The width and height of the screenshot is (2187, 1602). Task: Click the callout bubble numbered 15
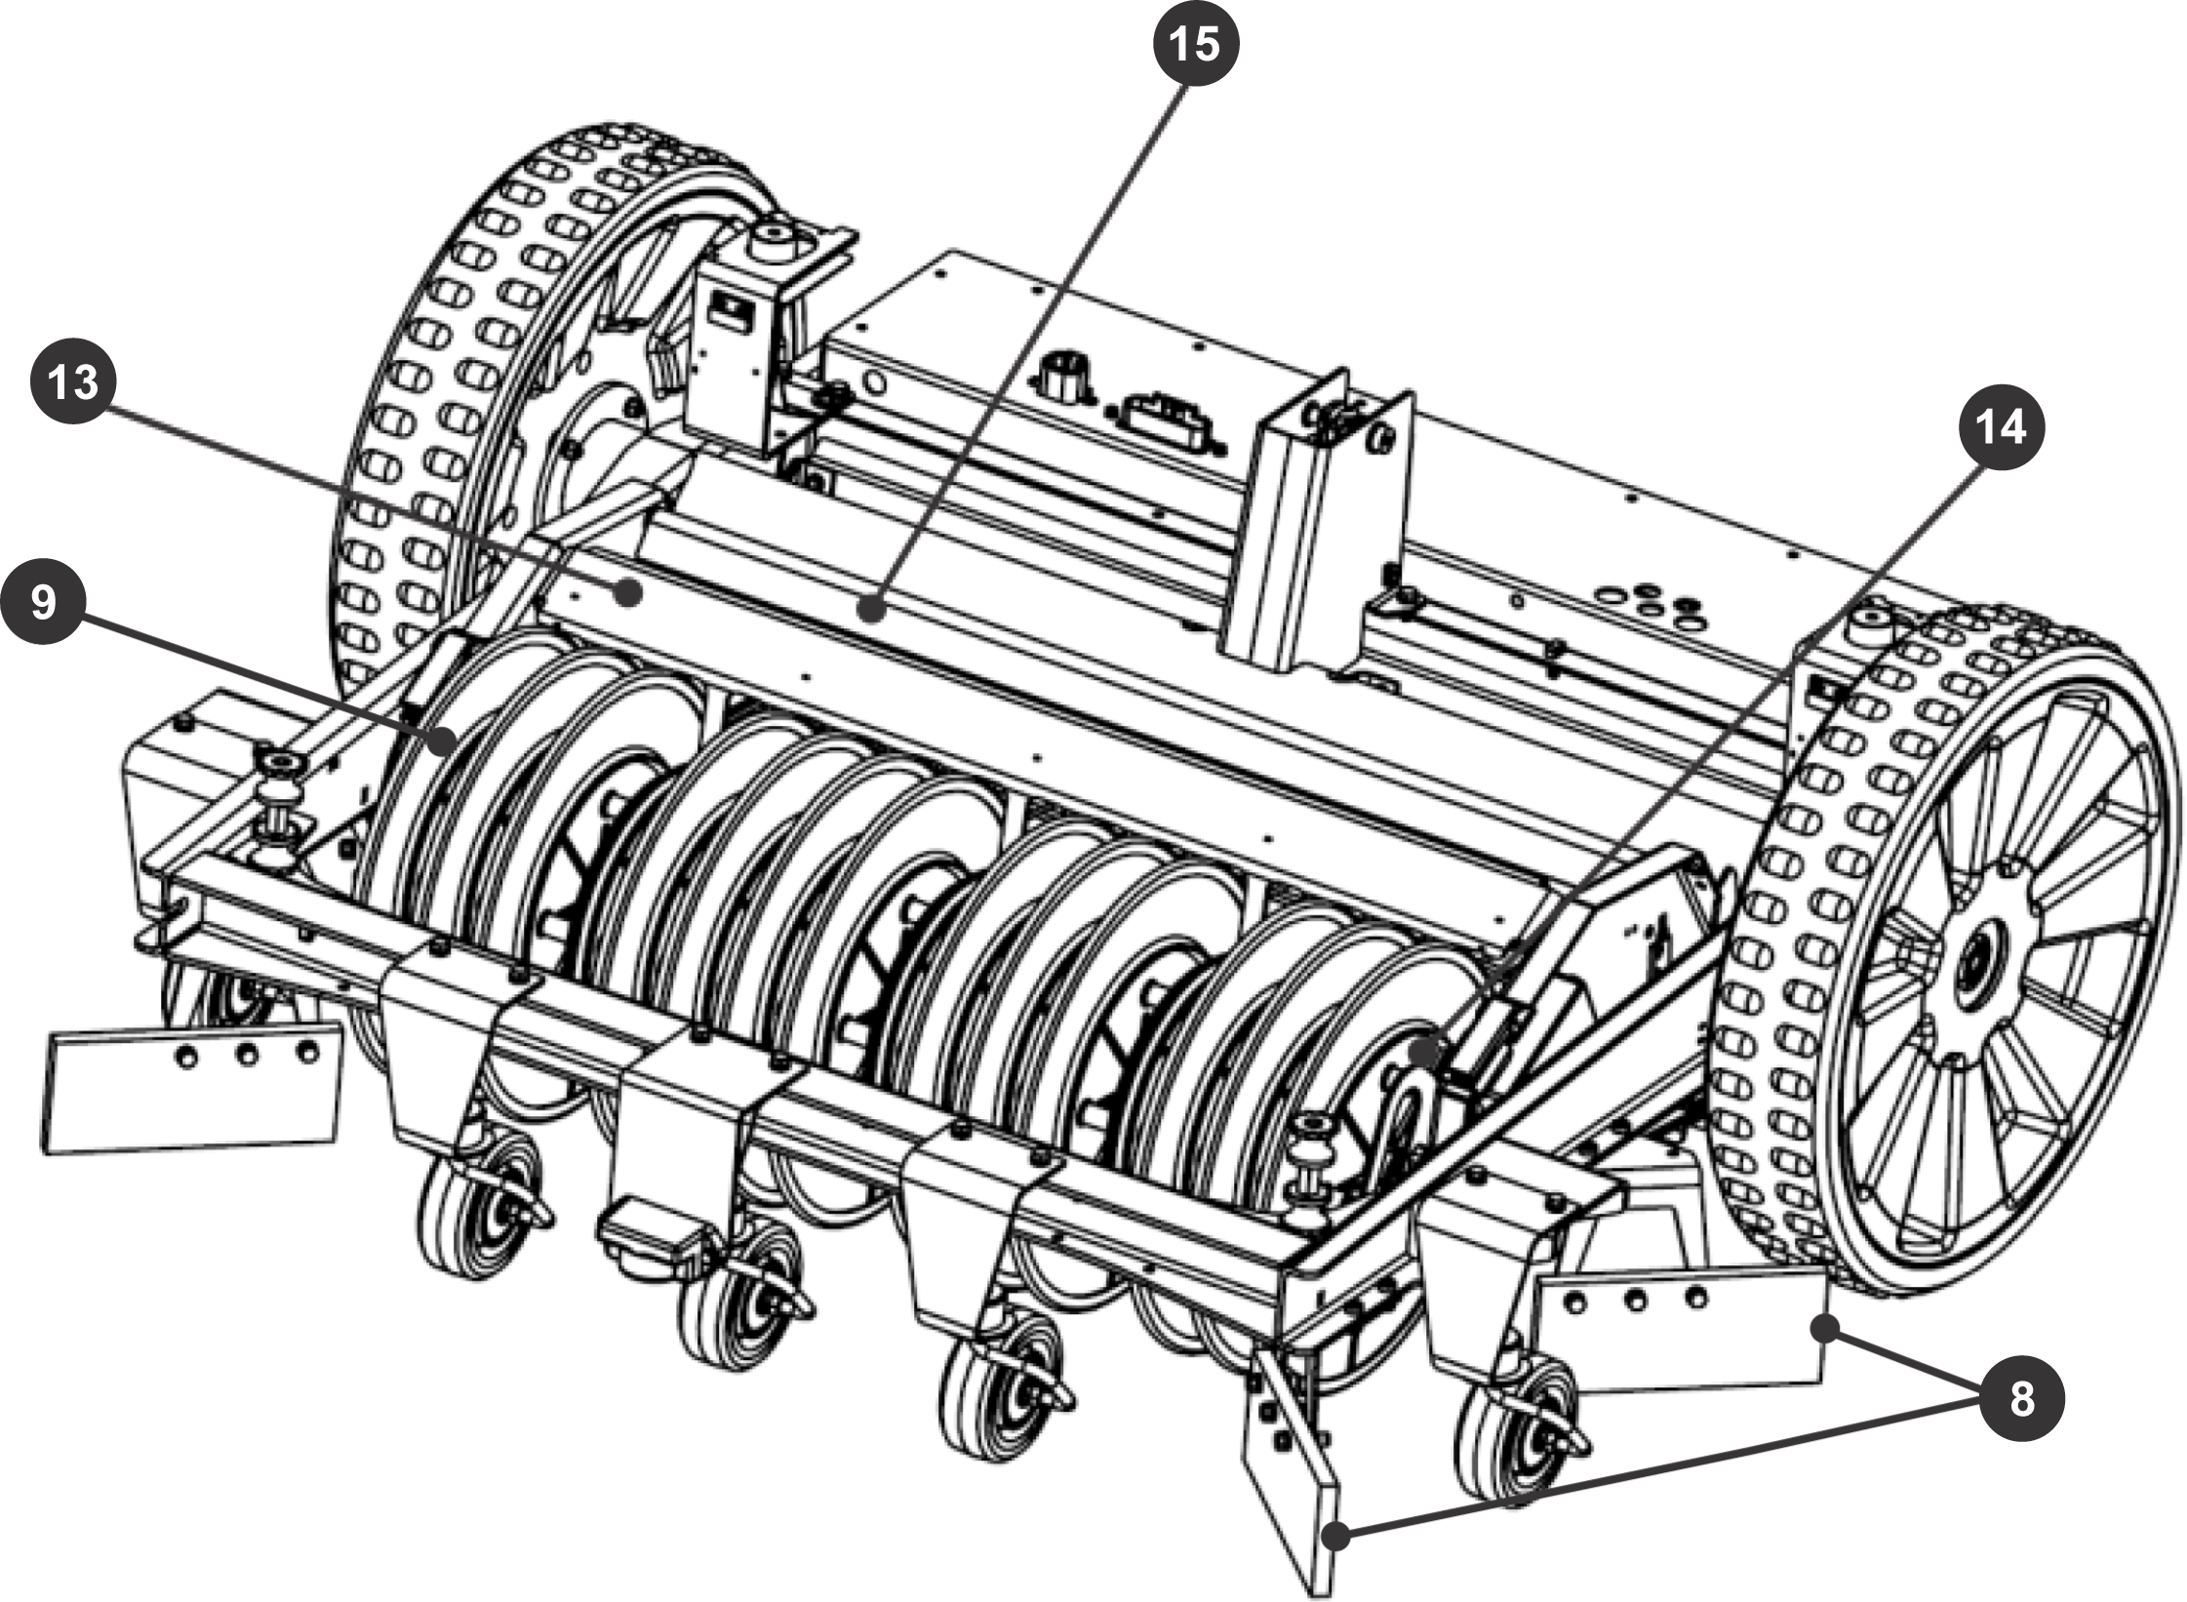(x=1196, y=45)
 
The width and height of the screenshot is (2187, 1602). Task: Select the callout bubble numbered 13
(x=74, y=381)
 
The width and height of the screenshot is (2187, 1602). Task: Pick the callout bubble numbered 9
(x=44, y=602)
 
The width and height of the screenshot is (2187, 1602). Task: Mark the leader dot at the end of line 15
(x=871, y=612)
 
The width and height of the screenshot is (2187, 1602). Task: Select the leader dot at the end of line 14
(x=1426, y=1052)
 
